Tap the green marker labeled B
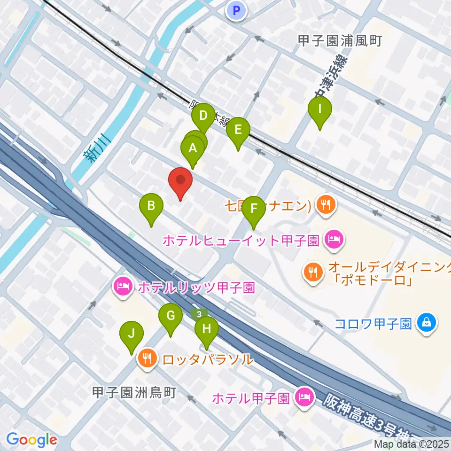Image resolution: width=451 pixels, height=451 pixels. (151, 207)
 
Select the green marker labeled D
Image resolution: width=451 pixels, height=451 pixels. (203, 117)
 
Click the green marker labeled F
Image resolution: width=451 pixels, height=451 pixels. (254, 210)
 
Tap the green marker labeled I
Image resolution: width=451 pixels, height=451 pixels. (320, 110)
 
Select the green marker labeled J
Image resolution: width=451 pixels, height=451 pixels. (132, 335)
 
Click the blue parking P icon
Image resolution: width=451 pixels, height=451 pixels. (236, 10)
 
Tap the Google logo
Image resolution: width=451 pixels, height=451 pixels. (31, 440)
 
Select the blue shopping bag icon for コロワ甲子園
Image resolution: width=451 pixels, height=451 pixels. (426, 323)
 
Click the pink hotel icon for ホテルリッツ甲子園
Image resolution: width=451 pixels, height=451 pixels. (123, 287)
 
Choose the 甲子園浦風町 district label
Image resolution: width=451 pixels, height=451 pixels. (340, 41)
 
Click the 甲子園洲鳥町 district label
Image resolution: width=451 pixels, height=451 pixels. (134, 392)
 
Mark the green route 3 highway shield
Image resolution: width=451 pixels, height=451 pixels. (200, 313)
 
